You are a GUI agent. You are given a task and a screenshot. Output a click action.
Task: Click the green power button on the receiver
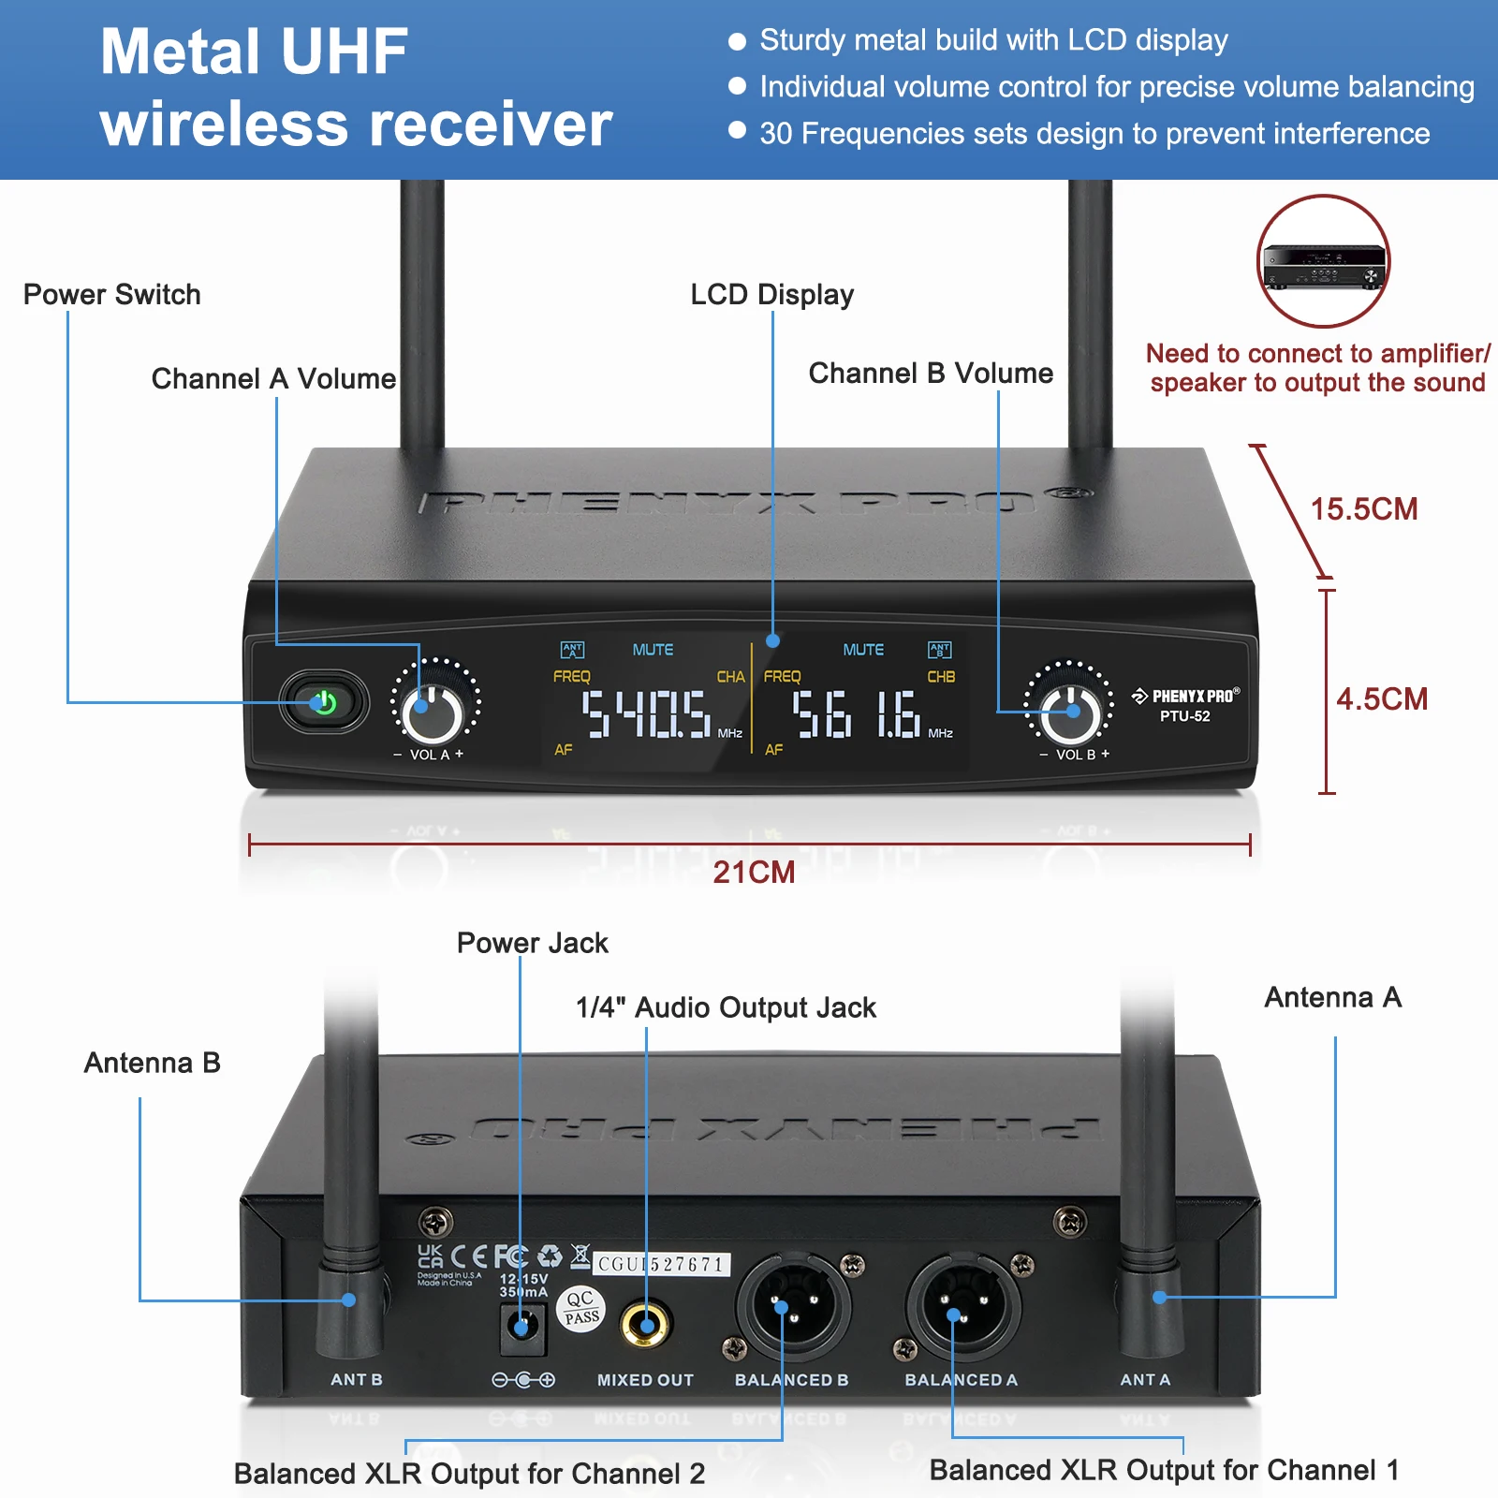[x=324, y=702]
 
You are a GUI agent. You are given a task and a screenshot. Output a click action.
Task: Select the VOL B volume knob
[x=1070, y=713]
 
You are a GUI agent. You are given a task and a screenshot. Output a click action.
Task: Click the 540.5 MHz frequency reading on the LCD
[x=646, y=714]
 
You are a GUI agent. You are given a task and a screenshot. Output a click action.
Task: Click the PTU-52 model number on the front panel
[x=1184, y=716]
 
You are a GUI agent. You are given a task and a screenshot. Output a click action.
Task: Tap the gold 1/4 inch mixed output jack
[x=646, y=1324]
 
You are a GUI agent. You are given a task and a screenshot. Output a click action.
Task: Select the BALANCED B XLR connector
[x=792, y=1308]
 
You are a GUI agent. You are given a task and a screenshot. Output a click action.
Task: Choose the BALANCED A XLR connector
[x=962, y=1308]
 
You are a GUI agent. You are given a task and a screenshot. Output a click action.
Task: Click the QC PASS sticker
[x=581, y=1308]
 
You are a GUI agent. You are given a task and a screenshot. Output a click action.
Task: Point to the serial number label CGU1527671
[x=662, y=1265]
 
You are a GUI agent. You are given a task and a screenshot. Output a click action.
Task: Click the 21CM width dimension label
[x=754, y=873]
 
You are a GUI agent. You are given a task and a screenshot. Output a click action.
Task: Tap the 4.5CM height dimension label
[x=1382, y=699]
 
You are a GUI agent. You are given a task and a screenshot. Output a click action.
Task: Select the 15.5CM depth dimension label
[x=1364, y=509]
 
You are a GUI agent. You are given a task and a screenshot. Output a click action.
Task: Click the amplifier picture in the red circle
[x=1323, y=262]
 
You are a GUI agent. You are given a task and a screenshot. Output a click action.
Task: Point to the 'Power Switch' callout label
[x=111, y=295]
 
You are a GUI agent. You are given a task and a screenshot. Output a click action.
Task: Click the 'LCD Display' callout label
[x=771, y=295]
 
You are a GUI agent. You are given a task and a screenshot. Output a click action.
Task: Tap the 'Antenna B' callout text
[x=152, y=1064]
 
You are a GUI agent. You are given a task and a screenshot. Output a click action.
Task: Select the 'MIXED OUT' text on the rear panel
[x=645, y=1380]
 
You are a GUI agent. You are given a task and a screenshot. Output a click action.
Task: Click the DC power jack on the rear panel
[x=522, y=1327]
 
